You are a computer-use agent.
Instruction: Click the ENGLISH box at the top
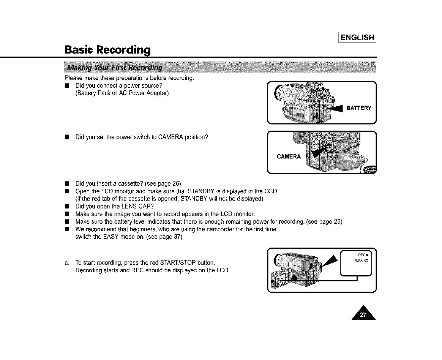click(x=357, y=37)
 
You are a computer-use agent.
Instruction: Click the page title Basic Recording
click(x=108, y=50)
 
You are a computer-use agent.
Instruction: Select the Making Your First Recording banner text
click(x=114, y=68)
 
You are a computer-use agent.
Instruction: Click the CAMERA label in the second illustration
click(x=289, y=156)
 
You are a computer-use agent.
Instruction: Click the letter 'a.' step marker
click(x=67, y=262)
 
